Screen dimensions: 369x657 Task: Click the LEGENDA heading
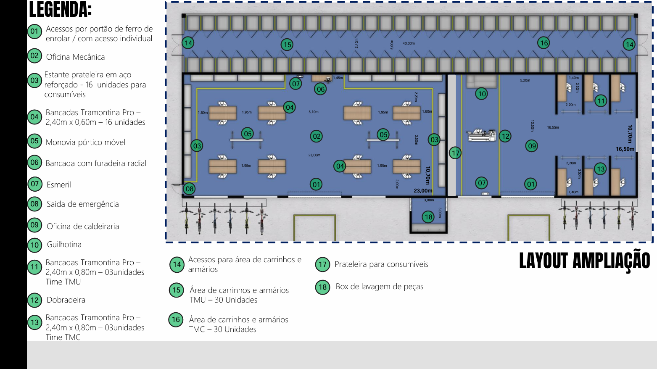point(60,10)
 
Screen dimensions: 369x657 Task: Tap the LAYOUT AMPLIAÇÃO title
point(584,261)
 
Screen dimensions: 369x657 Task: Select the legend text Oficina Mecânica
point(75,57)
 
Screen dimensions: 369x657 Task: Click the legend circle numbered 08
point(34,204)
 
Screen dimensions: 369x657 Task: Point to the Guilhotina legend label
point(64,245)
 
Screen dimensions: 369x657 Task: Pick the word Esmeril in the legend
point(58,184)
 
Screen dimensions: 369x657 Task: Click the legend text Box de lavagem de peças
point(379,287)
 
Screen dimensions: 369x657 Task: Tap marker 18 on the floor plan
point(428,217)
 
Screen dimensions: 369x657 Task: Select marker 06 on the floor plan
point(321,89)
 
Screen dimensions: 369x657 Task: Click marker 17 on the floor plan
point(456,153)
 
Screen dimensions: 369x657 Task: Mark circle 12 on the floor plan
point(505,136)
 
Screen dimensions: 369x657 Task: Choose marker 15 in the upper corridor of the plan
point(287,45)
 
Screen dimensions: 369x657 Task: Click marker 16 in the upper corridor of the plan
point(544,43)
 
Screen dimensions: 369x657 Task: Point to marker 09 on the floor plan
point(532,146)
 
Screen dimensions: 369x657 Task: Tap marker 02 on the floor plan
point(317,136)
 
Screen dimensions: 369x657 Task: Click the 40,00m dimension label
point(409,43)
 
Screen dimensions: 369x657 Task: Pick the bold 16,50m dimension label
point(625,149)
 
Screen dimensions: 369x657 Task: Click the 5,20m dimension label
point(525,80)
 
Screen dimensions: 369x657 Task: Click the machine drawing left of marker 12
point(482,135)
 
